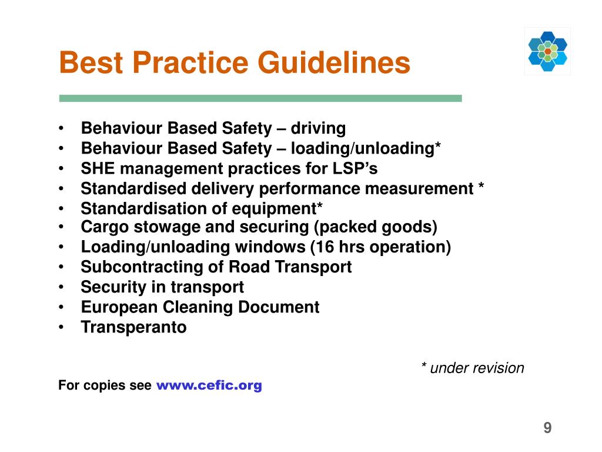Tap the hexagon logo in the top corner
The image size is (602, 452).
(x=547, y=51)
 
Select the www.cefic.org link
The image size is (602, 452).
(x=209, y=385)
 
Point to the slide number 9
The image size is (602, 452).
(x=547, y=428)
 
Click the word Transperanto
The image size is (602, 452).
(x=133, y=327)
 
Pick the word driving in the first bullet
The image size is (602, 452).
(x=319, y=128)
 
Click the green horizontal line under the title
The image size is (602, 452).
(x=260, y=98)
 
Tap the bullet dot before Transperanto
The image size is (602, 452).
(x=62, y=327)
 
